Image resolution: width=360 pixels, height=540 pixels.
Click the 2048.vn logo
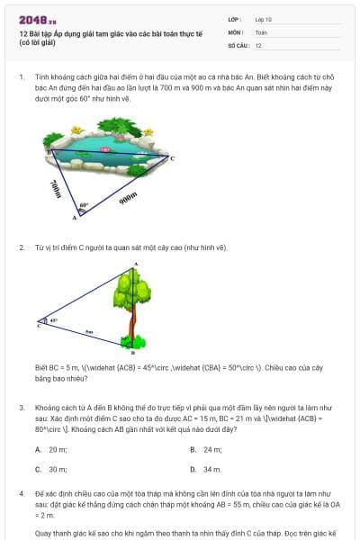[x=37, y=19]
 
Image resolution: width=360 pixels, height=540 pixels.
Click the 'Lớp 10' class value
[x=264, y=18]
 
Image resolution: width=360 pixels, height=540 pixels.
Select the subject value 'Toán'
[x=261, y=31]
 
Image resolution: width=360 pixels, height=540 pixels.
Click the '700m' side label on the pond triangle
[x=57, y=187]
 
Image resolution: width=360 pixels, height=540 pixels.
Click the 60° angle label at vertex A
[x=84, y=205]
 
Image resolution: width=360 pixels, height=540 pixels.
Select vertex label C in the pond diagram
[x=172, y=158]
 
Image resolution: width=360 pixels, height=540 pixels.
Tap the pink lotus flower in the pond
[x=107, y=148]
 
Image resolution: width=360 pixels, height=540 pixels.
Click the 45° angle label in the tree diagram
[x=53, y=319]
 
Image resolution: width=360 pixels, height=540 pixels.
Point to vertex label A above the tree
[x=135, y=264]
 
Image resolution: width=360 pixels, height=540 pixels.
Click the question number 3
[x=22, y=407]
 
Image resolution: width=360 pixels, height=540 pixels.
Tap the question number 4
[x=22, y=494]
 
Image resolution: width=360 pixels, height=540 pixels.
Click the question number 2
[x=22, y=247]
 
